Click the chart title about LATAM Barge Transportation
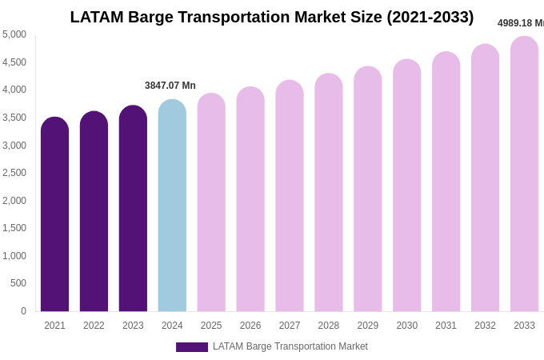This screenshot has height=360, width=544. (x=271, y=17)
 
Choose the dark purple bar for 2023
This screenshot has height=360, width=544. (x=133, y=209)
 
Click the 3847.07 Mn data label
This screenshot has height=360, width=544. (x=170, y=86)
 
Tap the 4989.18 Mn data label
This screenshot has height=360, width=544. (x=520, y=23)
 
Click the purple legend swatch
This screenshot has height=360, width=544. (x=191, y=347)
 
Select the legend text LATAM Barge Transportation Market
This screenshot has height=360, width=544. (x=290, y=346)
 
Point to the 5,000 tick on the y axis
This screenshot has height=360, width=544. (x=14, y=34)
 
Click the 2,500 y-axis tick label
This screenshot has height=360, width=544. (x=14, y=173)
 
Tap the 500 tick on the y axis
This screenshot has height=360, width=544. (x=18, y=283)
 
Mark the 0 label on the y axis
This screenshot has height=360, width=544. (x=23, y=311)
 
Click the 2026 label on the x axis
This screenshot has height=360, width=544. (x=250, y=326)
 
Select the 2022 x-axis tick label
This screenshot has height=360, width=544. (x=94, y=326)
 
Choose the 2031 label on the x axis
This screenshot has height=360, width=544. (x=446, y=326)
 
